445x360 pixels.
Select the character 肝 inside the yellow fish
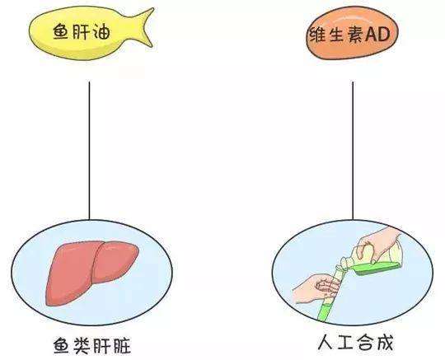(x=82, y=32)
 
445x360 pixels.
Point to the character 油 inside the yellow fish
(x=102, y=32)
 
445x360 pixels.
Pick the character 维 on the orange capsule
(x=317, y=35)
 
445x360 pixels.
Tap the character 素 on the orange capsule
(x=356, y=35)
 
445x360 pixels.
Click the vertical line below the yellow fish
(x=89, y=151)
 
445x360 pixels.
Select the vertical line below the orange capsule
(x=353, y=151)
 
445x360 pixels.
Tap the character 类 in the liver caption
(x=82, y=345)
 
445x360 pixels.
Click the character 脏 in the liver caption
(x=122, y=345)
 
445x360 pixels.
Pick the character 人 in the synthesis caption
(x=326, y=343)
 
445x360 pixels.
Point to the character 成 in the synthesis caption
(x=385, y=343)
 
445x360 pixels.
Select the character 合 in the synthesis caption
(x=365, y=343)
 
